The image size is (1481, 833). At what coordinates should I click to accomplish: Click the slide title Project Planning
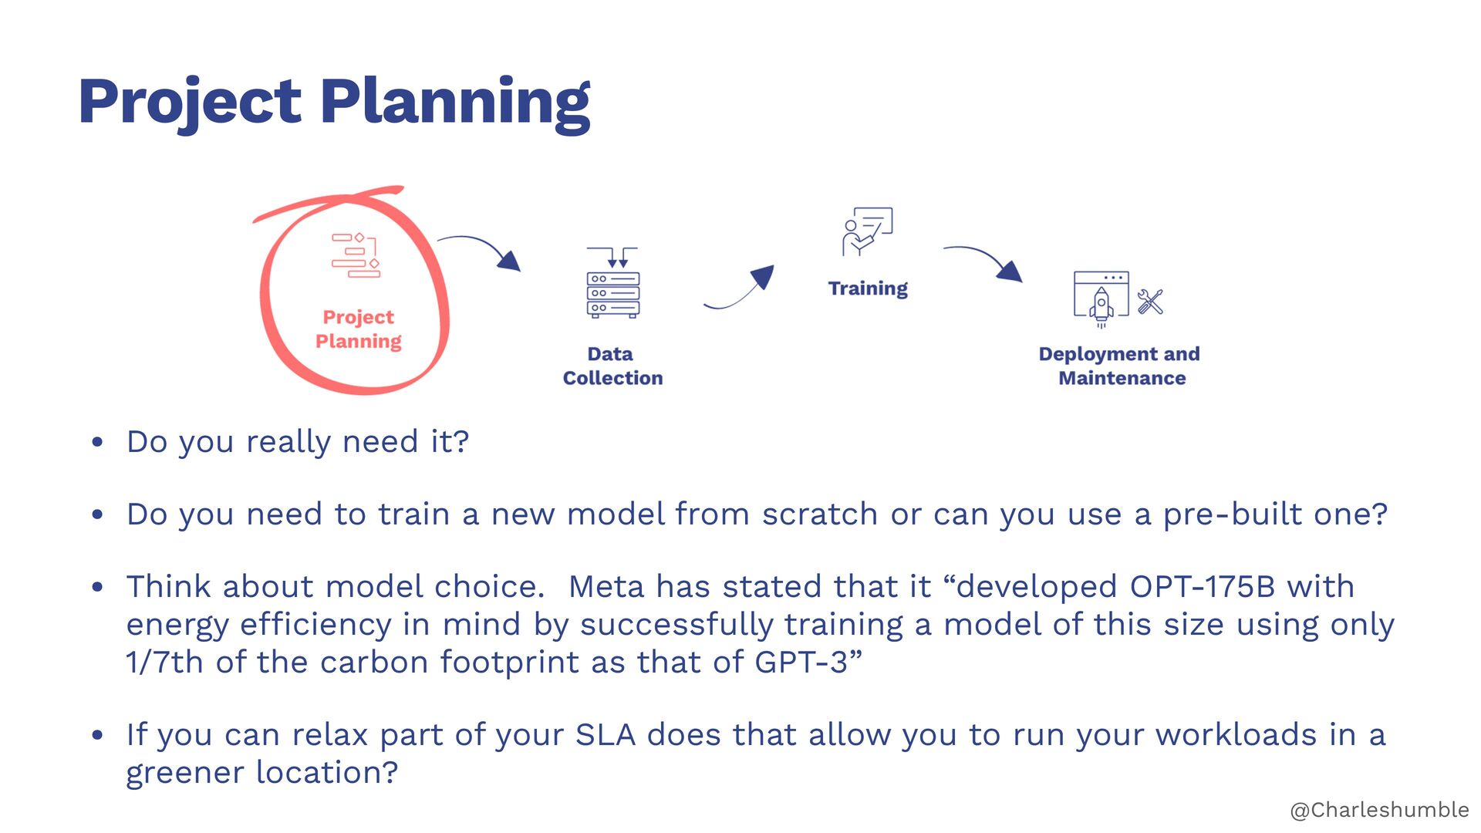(x=334, y=102)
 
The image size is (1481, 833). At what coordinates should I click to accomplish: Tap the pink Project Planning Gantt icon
(x=356, y=255)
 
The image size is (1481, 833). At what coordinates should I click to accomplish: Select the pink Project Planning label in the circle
(x=359, y=329)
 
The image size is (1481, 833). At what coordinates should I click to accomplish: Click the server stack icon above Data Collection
(x=612, y=283)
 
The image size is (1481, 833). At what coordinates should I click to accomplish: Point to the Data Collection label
(x=612, y=366)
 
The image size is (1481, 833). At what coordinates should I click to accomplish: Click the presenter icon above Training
(x=867, y=231)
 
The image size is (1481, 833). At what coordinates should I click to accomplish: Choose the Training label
(x=868, y=288)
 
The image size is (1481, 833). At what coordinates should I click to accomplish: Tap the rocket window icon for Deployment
(x=1101, y=298)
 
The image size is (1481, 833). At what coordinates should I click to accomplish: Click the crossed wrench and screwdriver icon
(x=1150, y=302)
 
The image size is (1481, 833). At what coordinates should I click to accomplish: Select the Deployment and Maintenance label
(x=1120, y=366)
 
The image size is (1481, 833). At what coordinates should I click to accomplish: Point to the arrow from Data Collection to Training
(x=739, y=288)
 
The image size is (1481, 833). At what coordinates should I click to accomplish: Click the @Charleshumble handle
(x=1379, y=810)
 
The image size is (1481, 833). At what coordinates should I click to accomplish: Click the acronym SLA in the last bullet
(x=606, y=735)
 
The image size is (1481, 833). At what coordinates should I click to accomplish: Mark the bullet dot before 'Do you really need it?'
(x=97, y=443)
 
